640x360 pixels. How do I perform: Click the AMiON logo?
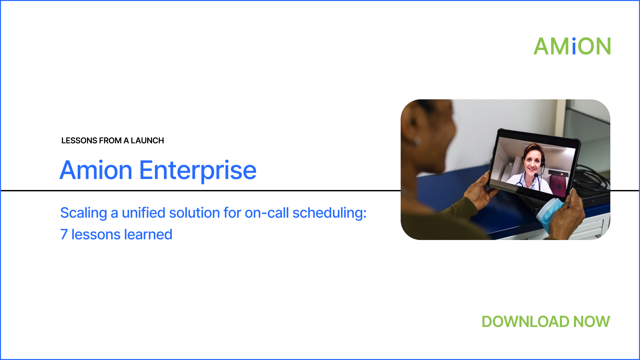[572, 46]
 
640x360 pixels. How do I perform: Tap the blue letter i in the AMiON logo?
[574, 46]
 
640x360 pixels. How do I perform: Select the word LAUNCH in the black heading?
[147, 141]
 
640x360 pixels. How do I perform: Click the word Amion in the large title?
[96, 170]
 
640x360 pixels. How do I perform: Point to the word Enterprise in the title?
[198, 171]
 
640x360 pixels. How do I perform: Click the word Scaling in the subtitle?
[84, 213]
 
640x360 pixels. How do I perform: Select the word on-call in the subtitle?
[267, 213]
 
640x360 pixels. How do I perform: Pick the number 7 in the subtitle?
[64, 235]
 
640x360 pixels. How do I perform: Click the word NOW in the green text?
[592, 322]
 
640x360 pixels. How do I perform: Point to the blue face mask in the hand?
[550, 213]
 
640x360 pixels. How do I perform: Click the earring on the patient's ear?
[417, 141]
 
